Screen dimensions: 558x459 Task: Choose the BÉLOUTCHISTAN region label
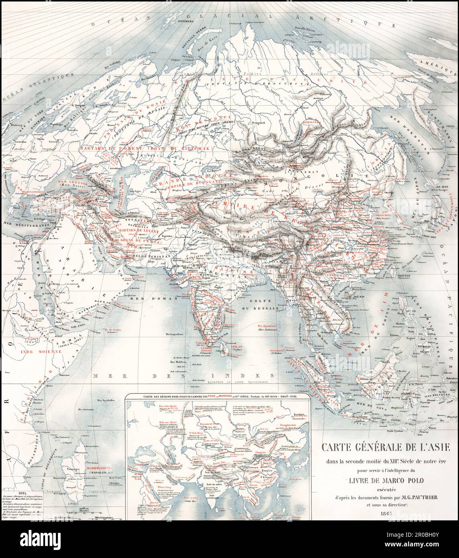(160, 255)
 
